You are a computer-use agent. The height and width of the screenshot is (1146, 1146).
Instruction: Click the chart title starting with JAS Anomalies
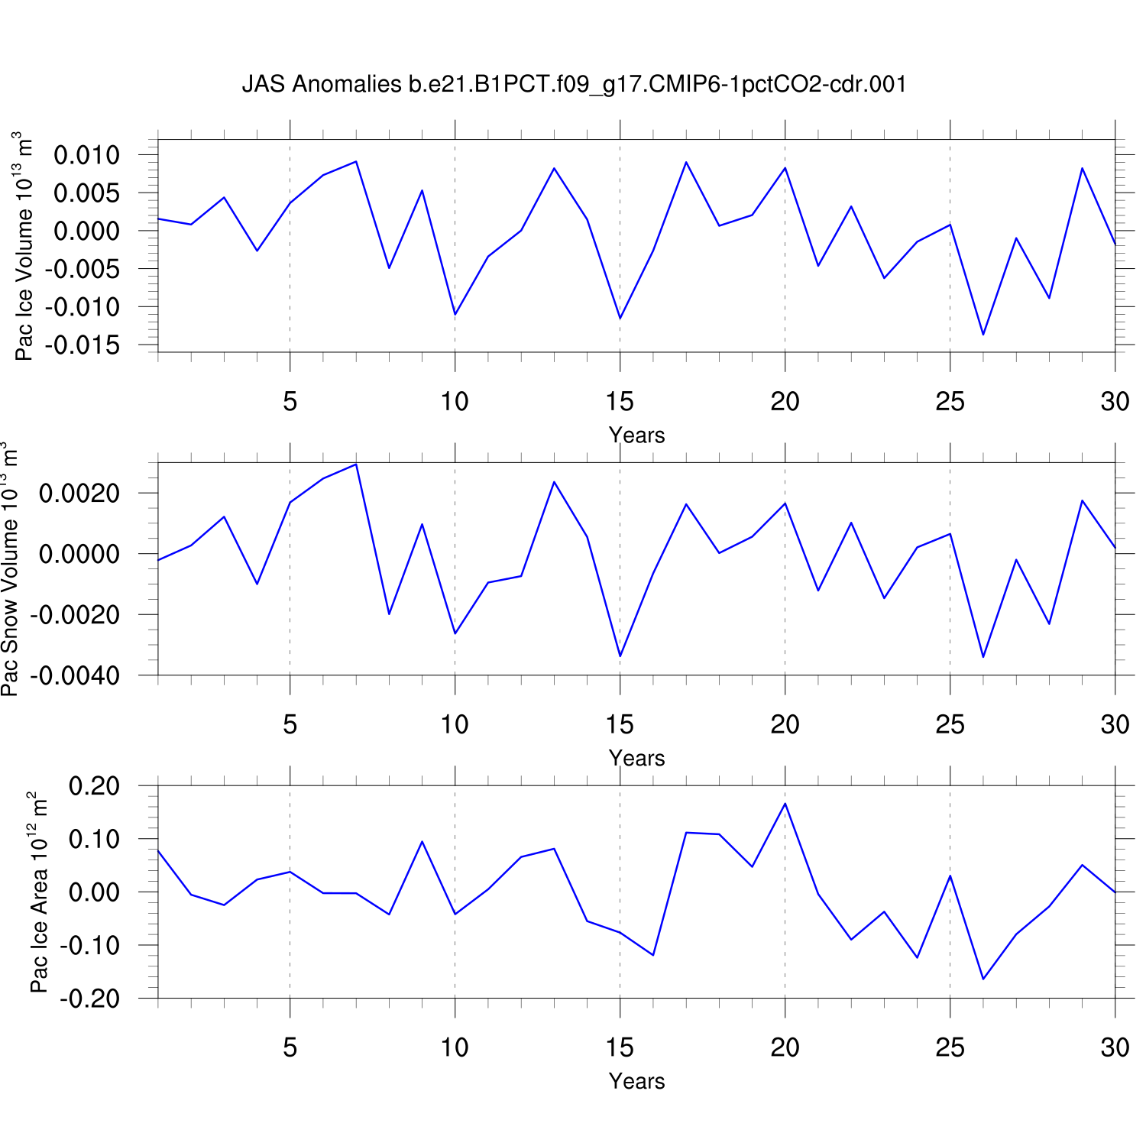(x=574, y=84)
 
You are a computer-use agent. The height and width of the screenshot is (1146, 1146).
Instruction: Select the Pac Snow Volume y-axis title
(x=9, y=569)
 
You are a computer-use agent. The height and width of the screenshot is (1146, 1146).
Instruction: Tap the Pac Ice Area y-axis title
(x=38, y=892)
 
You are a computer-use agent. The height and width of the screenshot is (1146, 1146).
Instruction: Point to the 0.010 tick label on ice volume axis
(x=86, y=155)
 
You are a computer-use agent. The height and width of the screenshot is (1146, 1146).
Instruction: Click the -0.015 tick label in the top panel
(x=83, y=345)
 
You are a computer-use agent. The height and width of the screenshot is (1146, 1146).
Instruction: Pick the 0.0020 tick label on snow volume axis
(x=79, y=494)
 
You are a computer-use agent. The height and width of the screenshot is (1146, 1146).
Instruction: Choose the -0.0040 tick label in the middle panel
(x=75, y=676)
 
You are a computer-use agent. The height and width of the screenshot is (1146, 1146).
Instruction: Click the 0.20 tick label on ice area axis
(x=94, y=786)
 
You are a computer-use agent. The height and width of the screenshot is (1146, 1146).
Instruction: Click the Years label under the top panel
(x=636, y=435)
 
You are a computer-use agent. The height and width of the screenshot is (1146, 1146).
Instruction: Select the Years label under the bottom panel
(x=636, y=1082)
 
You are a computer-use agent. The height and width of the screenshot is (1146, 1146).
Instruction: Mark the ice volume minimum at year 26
(x=983, y=335)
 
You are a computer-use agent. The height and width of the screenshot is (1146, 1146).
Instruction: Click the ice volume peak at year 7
(x=356, y=161)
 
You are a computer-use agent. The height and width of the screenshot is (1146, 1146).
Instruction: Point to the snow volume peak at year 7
(x=356, y=465)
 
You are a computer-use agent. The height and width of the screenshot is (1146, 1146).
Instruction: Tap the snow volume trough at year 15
(x=620, y=656)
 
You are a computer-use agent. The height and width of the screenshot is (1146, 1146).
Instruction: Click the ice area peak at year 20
(x=785, y=804)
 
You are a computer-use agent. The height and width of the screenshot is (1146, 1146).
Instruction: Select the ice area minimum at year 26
(x=983, y=979)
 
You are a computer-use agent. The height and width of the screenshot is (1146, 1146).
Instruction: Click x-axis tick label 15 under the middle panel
(x=620, y=724)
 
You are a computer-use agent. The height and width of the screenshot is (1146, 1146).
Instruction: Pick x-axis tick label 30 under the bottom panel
(x=1115, y=1047)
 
